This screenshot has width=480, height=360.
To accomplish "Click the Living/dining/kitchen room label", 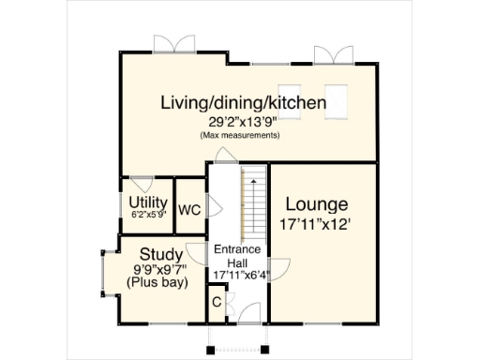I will [242, 102].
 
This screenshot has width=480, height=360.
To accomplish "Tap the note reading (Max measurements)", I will [240, 136].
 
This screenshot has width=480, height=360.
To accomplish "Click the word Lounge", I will [316, 204].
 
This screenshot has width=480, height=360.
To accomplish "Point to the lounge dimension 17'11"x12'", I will [316, 225].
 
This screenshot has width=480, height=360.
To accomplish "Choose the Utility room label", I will [147, 202].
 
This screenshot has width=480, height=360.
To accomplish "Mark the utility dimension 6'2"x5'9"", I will [147, 214].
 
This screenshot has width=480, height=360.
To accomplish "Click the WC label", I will [189, 210].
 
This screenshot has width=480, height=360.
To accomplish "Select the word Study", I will [160, 254].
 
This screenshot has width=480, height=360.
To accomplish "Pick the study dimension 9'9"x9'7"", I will [160, 269].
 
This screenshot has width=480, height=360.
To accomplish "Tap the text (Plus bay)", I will [160, 283].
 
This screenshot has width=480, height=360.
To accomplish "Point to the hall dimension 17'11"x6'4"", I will [237, 275].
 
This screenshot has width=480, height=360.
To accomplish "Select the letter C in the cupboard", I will [216, 302].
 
